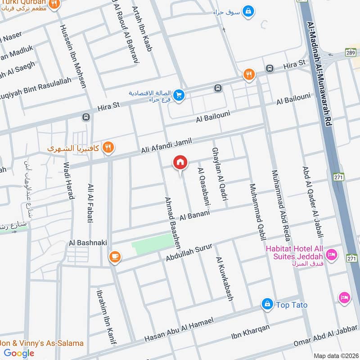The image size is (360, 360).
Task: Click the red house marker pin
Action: (x=180, y=162)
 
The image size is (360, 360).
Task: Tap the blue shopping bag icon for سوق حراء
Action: (x=247, y=10)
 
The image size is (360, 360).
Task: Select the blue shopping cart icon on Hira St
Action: (x=179, y=95)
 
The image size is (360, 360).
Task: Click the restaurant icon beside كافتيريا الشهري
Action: (x=108, y=147)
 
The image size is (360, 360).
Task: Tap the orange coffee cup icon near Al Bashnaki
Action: (x=114, y=256)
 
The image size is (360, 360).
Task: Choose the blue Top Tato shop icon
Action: (x=268, y=305)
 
